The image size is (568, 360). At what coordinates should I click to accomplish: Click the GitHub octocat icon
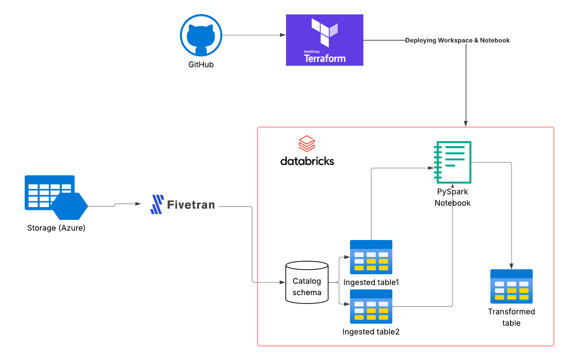click(x=201, y=35)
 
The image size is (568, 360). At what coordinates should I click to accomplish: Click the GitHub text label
click(x=201, y=65)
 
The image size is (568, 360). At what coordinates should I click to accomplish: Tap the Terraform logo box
click(x=325, y=40)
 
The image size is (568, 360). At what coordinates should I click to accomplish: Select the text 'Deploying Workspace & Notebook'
click(x=457, y=40)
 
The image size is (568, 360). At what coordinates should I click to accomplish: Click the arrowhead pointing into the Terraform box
click(x=283, y=35)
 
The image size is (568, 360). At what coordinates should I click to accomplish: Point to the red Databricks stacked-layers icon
click(x=307, y=144)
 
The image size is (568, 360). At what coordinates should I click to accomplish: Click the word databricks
click(x=307, y=161)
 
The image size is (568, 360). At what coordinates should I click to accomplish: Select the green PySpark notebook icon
click(x=453, y=162)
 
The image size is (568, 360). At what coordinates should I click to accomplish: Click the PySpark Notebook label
click(x=452, y=197)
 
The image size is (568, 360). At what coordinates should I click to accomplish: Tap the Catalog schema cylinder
click(x=307, y=282)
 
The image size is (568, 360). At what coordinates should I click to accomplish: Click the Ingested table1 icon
click(x=371, y=257)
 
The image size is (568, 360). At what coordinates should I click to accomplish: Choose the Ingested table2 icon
click(x=371, y=306)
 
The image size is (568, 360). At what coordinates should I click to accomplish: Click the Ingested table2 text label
click(x=371, y=332)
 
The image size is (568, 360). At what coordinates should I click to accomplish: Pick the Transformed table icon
click(x=511, y=286)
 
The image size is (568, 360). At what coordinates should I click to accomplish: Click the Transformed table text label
click(x=511, y=317)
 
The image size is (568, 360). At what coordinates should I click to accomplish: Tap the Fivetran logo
click(x=182, y=205)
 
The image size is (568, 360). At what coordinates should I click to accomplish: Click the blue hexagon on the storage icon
click(x=70, y=206)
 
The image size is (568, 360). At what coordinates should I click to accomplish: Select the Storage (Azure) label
click(x=56, y=228)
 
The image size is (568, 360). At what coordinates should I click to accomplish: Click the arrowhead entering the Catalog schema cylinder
click(x=282, y=282)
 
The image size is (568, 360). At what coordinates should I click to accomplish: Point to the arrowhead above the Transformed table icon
click(x=511, y=266)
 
